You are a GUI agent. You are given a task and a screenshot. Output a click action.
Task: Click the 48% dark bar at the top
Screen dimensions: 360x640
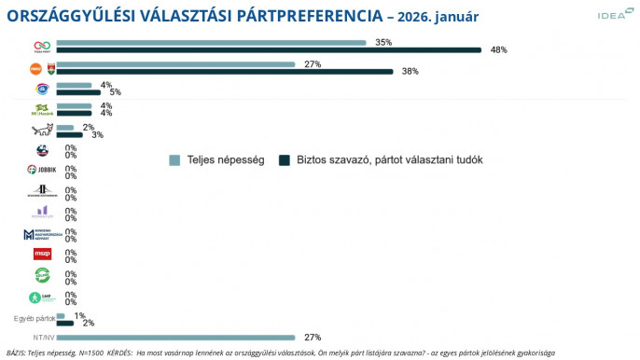pos(269,50)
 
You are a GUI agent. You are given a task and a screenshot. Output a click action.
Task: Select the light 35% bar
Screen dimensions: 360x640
pos(211,43)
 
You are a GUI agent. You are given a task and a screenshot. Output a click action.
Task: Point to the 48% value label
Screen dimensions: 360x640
pos(498,50)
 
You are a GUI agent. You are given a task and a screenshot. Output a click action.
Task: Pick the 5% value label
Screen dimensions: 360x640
pos(115,92)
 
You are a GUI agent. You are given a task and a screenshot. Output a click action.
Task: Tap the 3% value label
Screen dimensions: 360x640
pos(97,134)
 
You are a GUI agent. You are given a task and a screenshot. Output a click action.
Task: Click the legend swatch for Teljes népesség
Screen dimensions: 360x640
pos(174,159)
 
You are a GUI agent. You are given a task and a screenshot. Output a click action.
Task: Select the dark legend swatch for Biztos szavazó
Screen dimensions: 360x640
pos(285,159)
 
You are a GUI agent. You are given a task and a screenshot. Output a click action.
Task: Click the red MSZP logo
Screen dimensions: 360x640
pos(41,253)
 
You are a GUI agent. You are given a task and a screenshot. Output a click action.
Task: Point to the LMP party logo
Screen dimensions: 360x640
pos(41,298)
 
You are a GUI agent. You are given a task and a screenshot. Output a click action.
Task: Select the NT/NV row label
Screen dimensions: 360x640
pos(43,338)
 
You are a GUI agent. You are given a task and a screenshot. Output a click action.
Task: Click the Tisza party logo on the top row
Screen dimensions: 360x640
pos(41,46)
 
